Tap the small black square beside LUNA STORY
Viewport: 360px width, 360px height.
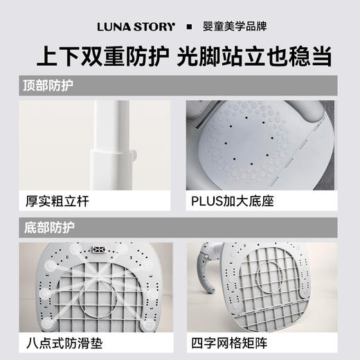(189, 27)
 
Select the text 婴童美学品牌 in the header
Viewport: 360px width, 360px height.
(233, 27)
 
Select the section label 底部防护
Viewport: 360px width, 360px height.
(48, 226)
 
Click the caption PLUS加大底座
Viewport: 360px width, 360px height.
(229, 202)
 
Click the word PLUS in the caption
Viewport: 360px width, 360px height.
(206, 202)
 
